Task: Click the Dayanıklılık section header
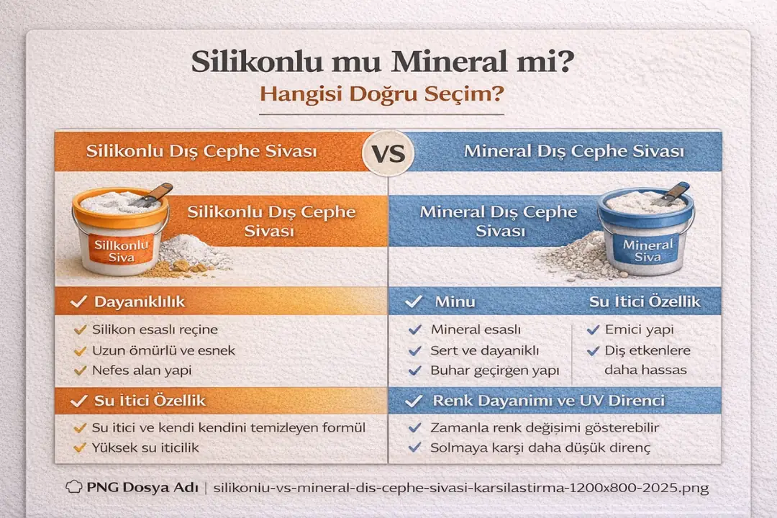pos(139,301)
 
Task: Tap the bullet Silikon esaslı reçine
pos(154,330)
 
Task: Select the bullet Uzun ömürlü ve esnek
pos(163,350)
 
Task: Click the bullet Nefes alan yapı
pos(142,371)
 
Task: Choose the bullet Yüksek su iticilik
pos(145,447)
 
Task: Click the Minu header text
pos(455,301)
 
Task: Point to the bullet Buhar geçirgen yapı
pos(494,371)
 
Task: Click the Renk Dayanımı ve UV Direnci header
pos(548,400)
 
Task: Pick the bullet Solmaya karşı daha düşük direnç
pos(540,447)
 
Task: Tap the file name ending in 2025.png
pos(461,488)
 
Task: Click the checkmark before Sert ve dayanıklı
pos(414,351)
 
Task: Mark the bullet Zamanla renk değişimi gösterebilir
pos(545,427)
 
